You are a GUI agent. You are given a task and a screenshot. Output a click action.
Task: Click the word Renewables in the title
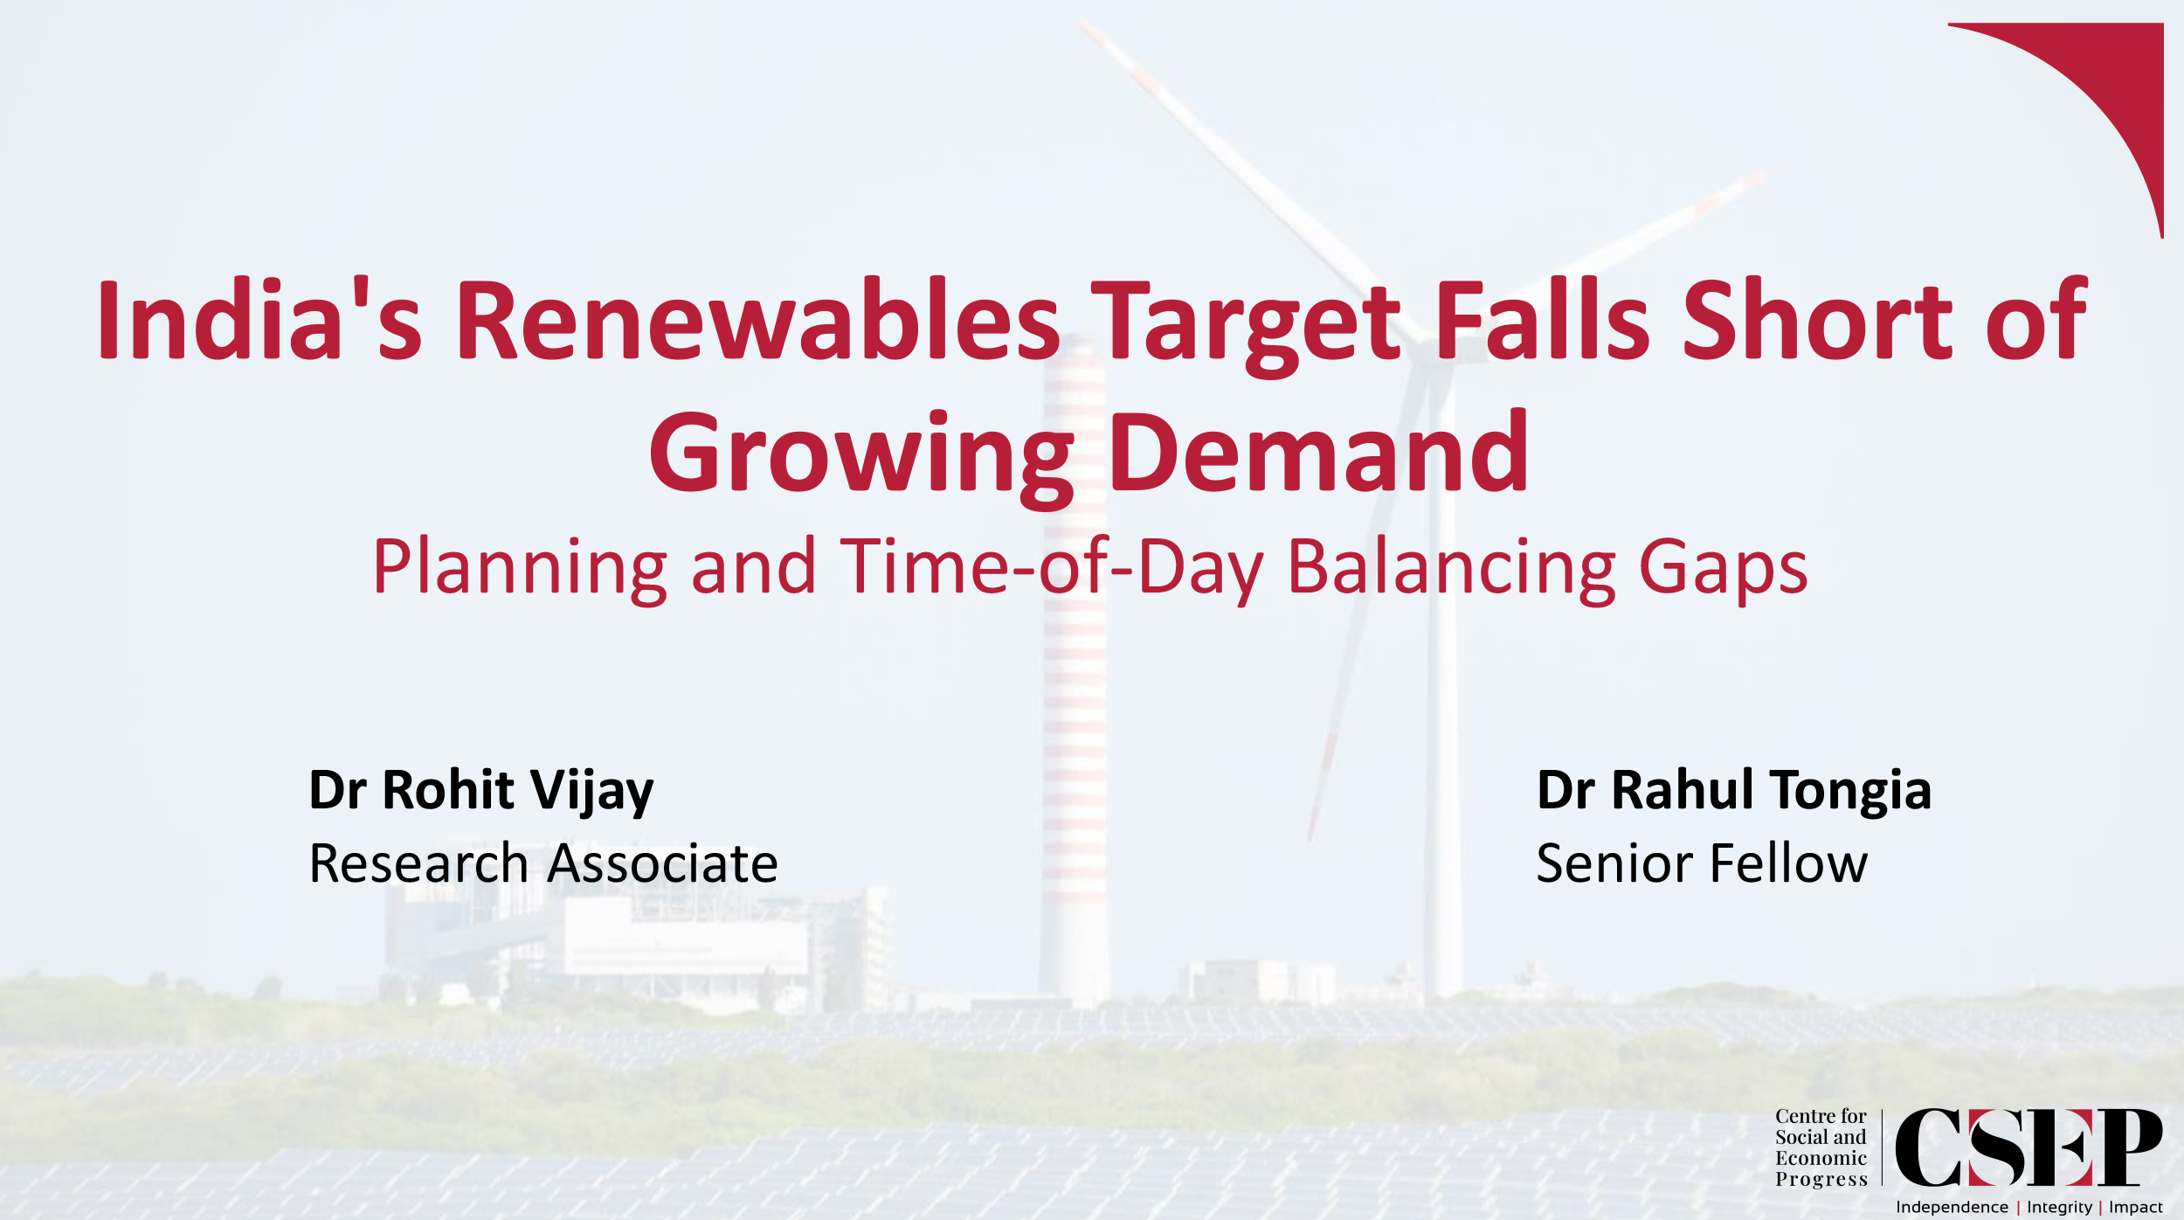tap(757, 320)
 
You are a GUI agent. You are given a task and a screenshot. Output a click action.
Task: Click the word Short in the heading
tap(1817, 320)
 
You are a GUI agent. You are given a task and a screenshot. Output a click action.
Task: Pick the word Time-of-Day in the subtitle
tap(1052, 568)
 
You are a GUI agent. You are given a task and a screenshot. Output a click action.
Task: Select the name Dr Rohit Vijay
tap(481, 791)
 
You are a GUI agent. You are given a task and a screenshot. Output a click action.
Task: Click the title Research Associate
tap(543, 863)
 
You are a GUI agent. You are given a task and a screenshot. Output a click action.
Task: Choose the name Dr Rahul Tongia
tap(1734, 791)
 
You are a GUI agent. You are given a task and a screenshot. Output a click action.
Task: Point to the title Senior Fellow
tap(1702, 863)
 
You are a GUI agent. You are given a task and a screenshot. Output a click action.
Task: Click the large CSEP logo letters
tap(2028, 1147)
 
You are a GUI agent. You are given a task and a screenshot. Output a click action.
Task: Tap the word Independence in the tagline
tap(1952, 1207)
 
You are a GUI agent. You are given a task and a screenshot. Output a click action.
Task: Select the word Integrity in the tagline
tap(2059, 1207)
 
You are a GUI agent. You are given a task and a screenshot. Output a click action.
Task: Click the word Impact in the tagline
tap(2136, 1207)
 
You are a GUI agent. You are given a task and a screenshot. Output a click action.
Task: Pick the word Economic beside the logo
tap(1821, 1158)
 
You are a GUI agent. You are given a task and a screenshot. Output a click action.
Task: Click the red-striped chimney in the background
tap(1075, 699)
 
